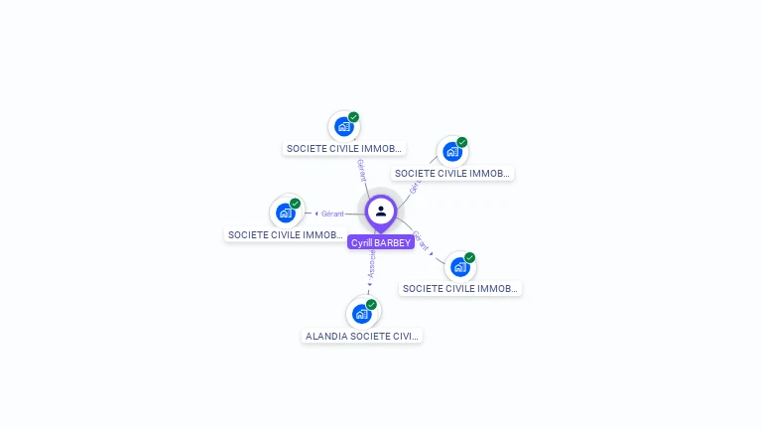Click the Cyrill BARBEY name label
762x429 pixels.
pos(381,242)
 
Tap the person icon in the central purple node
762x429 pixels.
pos(381,211)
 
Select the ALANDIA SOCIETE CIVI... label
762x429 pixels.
pos(362,336)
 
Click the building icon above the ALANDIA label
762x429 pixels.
pos(362,314)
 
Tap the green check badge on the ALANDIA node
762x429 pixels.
pos(371,305)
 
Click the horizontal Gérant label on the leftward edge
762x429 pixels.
pos(332,214)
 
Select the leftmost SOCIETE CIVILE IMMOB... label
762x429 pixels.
pos(286,235)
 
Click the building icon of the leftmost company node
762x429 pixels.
pos(286,213)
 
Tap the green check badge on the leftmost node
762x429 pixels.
pos(295,204)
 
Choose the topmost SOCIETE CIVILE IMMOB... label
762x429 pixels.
pos(344,148)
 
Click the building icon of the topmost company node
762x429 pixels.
pos(344,126)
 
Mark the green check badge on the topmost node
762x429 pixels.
pos(353,117)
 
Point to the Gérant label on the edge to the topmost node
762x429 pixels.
pos(361,171)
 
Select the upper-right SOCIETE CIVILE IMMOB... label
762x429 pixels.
pos(452,173)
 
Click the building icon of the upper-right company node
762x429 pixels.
pos(452,151)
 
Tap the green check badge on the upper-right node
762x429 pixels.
pos(461,142)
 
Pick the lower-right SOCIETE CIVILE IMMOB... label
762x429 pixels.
pos(460,288)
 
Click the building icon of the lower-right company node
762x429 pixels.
pos(459,266)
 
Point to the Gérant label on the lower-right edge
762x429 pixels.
pos(421,241)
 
